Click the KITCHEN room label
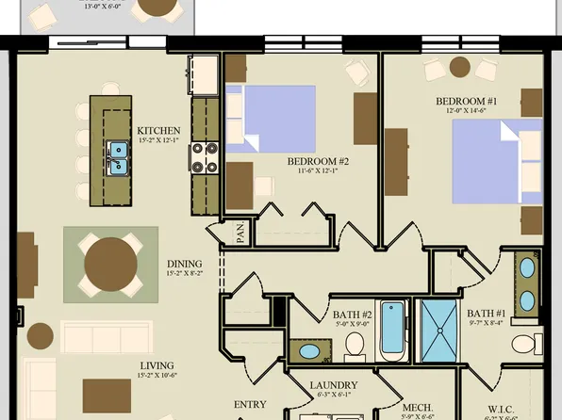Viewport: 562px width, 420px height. (x=158, y=130)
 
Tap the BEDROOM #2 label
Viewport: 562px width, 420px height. (x=319, y=161)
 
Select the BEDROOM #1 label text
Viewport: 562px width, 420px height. (x=467, y=101)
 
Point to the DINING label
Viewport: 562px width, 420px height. (x=185, y=265)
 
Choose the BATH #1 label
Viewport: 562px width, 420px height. (x=487, y=313)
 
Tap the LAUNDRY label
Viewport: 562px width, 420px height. (x=334, y=385)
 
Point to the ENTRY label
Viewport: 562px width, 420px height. (x=250, y=405)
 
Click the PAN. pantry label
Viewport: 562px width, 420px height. (x=241, y=233)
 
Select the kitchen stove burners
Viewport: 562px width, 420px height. (x=205, y=157)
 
